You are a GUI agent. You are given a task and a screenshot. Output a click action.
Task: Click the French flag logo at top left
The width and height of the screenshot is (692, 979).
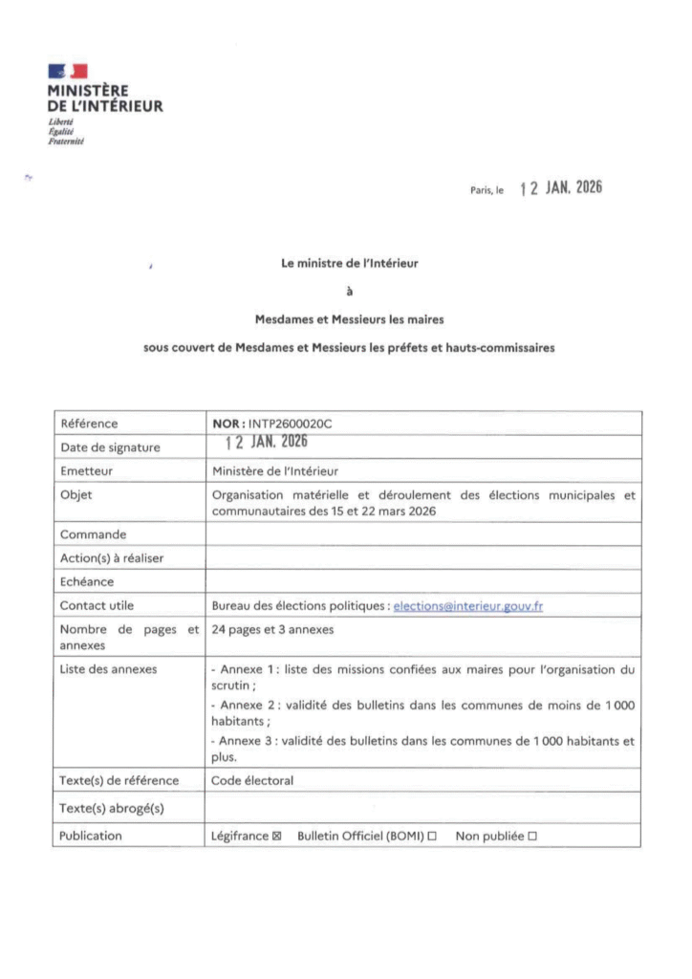pyautogui.click(x=67, y=70)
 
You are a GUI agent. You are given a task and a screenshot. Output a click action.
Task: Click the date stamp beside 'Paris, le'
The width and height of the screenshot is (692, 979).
pyautogui.click(x=561, y=188)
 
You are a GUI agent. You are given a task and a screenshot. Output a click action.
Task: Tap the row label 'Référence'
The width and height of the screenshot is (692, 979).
pyautogui.click(x=90, y=422)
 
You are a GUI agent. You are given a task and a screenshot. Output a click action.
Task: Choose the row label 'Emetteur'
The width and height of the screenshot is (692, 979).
pyautogui.click(x=87, y=470)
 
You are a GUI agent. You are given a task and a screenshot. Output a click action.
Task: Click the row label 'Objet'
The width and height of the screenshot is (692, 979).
pyautogui.click(x=76, y=494)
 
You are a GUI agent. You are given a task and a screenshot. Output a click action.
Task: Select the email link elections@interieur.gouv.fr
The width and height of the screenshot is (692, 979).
pyautogui.click(x=468, y=606)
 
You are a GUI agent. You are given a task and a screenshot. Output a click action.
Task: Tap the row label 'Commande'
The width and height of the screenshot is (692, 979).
pyautogui.click(x=93, y=533)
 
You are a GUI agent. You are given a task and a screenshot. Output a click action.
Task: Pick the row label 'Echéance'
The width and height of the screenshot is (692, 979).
pyautogui.click(x=87, y=581)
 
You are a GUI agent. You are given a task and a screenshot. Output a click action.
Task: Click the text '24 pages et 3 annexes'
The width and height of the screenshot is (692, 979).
pyautogui.click(x=272, y=629)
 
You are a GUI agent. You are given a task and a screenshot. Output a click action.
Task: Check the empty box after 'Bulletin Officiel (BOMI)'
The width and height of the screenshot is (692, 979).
pyautogui.click(x=432, y=836)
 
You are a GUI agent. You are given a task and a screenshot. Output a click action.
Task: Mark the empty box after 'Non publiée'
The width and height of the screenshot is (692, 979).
pyautogui.click(x=531, y=836)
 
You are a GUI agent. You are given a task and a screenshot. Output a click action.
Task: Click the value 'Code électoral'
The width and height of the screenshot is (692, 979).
pyautogui.click(x=251, y=780)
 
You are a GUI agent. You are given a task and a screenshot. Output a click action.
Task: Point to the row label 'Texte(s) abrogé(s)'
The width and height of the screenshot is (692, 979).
pyautogui.click(x=113, y=808)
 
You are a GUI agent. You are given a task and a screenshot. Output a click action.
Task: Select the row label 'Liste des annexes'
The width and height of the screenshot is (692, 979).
pyautogui.click(x=108, y=669)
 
